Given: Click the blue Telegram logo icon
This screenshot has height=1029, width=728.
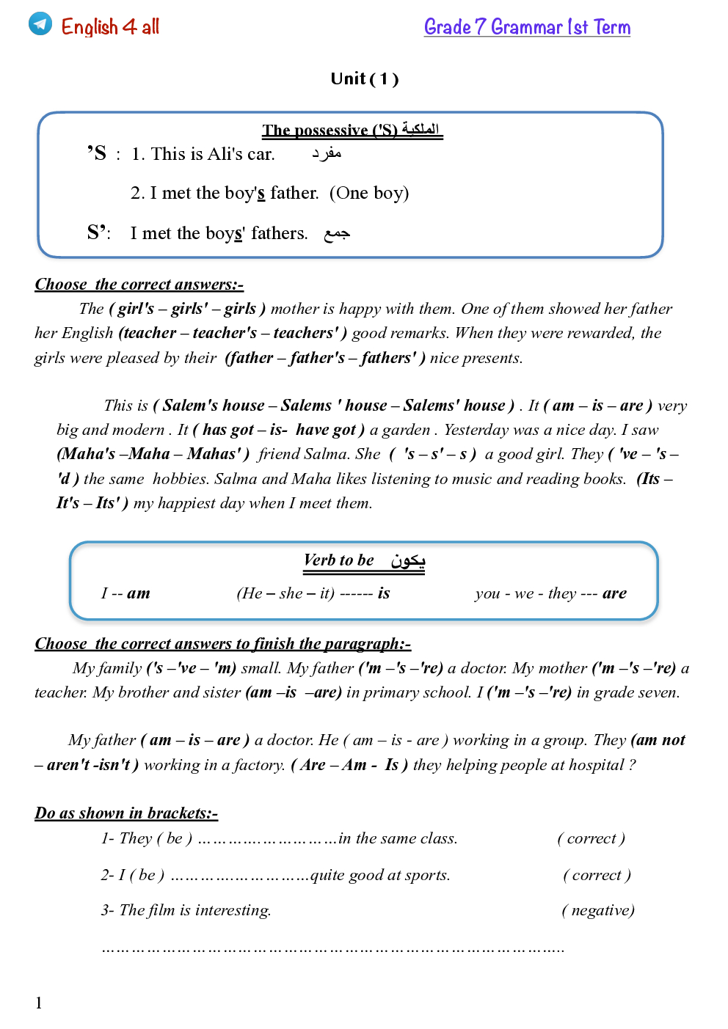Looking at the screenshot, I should coord(40,23).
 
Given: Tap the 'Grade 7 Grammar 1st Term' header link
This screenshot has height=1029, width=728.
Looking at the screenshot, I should coord(527,27).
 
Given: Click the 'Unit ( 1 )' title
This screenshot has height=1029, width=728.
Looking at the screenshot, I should coord(364,78).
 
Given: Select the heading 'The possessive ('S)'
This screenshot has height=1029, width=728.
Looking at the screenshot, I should coord(330,130).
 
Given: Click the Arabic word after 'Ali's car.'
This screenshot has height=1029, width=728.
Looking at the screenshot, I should coord(327,153).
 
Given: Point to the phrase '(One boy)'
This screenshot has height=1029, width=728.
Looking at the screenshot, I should coord(369,193).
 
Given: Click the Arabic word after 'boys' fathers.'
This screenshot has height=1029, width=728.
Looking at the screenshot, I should coord(337,233).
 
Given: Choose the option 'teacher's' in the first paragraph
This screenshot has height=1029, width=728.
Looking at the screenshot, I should coord(225,333).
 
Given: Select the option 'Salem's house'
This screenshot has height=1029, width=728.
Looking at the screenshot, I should coord(214,406).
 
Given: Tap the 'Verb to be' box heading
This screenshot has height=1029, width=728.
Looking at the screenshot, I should coord(339,560).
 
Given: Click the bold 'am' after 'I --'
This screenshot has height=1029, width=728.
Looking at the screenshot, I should coord(138,593).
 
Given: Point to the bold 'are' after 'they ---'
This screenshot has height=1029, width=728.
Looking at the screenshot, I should coord(614,593).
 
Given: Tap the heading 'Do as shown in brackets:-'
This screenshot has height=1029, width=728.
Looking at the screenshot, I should coord(126,813).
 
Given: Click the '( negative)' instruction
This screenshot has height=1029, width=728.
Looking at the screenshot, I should coord(598,910).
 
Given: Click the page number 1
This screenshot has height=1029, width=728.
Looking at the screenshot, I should coord(39,1003).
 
